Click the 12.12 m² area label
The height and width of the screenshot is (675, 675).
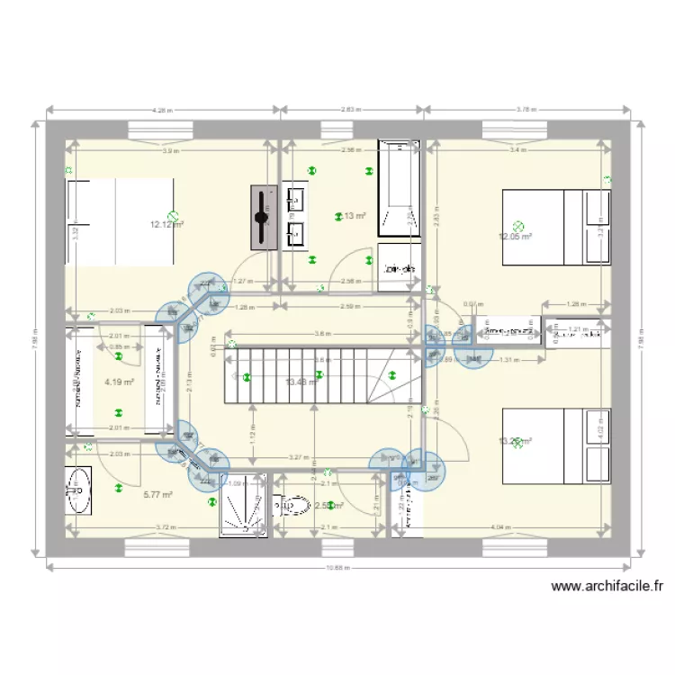click(x=167, y=224)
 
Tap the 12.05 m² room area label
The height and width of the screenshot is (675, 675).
click(x=516, y=237)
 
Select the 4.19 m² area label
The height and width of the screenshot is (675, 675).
click(x=119, y=382)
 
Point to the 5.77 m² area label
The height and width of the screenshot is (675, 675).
click(x=157, y=494)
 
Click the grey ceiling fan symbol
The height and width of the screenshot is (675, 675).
click(x=262, y=217)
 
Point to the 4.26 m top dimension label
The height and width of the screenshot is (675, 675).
click(x=162, y=110)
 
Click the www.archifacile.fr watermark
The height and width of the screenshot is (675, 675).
click(x=607, y=587)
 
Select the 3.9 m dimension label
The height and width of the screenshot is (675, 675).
click(x=170, y=150)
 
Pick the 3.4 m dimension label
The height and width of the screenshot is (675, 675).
click(x=516, y=150)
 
